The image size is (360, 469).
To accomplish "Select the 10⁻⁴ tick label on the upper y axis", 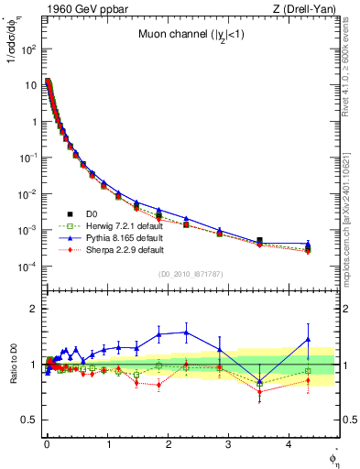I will point(25,267).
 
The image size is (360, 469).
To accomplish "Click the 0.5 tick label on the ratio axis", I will point(27,420).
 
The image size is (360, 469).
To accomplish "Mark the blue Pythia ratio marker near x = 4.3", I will point(308,339).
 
